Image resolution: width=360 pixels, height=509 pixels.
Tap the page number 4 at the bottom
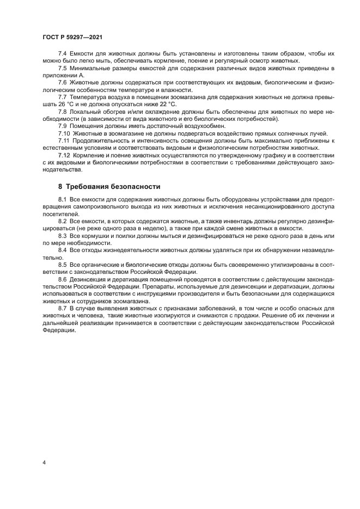pyautogui.click(x=44, y=462)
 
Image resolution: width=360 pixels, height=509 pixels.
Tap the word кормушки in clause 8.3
pyautogui.click(x=94, y=236)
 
